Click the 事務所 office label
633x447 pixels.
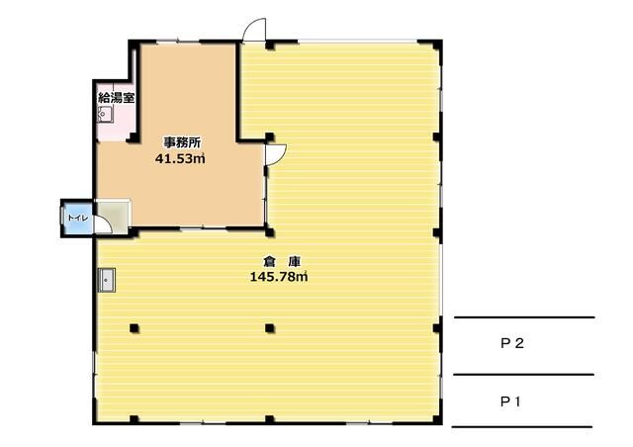pyautogui.click(x=182, y=142)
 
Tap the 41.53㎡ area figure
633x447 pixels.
pyautogui.click(x=180, y=158)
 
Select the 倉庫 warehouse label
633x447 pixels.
pyautogui.click(x=282, y=262)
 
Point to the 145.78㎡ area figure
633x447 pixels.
pyautogui.click(x=279, y=277)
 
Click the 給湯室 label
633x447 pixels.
pyautogui.click(x=117, y=97)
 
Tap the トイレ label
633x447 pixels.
pyautogui.click(x=77, y=218)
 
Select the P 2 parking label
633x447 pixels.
pyautogui.click(x=512, y=343)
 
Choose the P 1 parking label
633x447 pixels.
pyautogui.click(x=510, y=402)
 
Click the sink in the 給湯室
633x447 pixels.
pyautogui.click(x=105, y=115)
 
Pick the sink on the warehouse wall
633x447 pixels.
pyautogui.click(x=107, y=280)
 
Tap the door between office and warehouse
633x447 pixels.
pyautogui.click(x=277, y=154)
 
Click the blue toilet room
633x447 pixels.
pyautogui.click(x=78, y=218)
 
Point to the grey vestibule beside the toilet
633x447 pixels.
pyautogui.click(x=113, y=216)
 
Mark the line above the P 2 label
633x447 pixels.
pyautogui.click(x=524, y=317)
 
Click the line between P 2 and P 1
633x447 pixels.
pyautogui.click(x=523, y=375)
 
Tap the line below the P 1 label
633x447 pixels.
pyautogui.click(x=522, y=426)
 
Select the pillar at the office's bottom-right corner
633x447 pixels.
pyautogui.click(x=269, y=232)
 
